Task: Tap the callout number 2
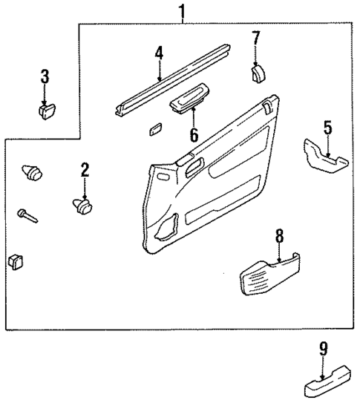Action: [85, 170]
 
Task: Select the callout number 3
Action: [45, 76]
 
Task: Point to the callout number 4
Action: [159, 53]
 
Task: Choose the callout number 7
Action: [255, 38]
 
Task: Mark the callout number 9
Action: [323, 347]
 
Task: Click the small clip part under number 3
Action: [47, 111]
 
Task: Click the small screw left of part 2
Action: [27, 215]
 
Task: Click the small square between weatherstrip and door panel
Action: [154, 128]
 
